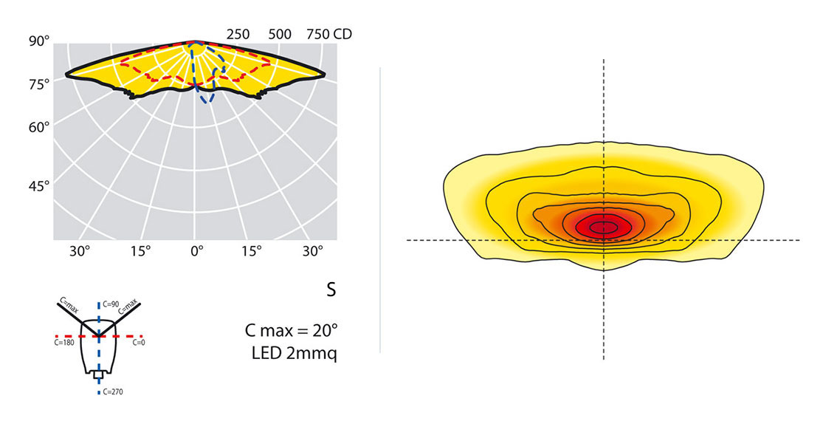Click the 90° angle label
tap(38, 41)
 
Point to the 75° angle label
tap(38, 83)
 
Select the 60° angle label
tap(38, 126)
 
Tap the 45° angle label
tap(38, 185)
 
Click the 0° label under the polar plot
tap(196, 251)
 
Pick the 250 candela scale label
tap(238, 34)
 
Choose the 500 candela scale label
tap(280, 34)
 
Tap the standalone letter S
tap(331, 290)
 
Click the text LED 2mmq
tap(295, 354)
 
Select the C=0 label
tap(139, 343)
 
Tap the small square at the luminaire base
tap(98, 375)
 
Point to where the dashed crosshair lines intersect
tap(604, 240)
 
